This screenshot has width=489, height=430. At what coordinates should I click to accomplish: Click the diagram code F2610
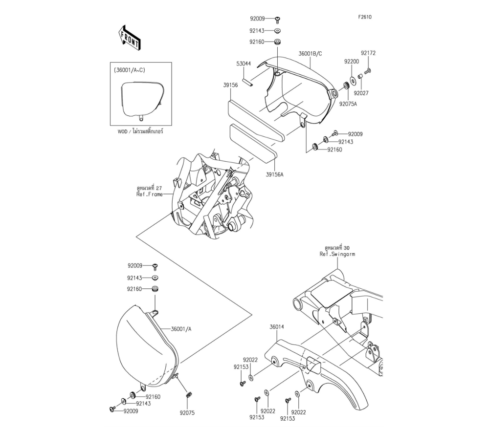[x=365, y=17]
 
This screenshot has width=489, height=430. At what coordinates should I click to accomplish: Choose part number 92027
[x=362, y=93]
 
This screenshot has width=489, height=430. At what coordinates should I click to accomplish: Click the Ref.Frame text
[x=149, y=194]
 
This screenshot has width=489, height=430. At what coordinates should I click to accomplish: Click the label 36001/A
[x=181, y=329]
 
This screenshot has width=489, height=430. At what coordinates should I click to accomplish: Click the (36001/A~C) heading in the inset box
[x=129, y=70]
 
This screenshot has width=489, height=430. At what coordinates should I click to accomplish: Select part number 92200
[x=351, y=62]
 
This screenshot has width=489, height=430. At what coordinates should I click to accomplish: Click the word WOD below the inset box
[x=122, y=132]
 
